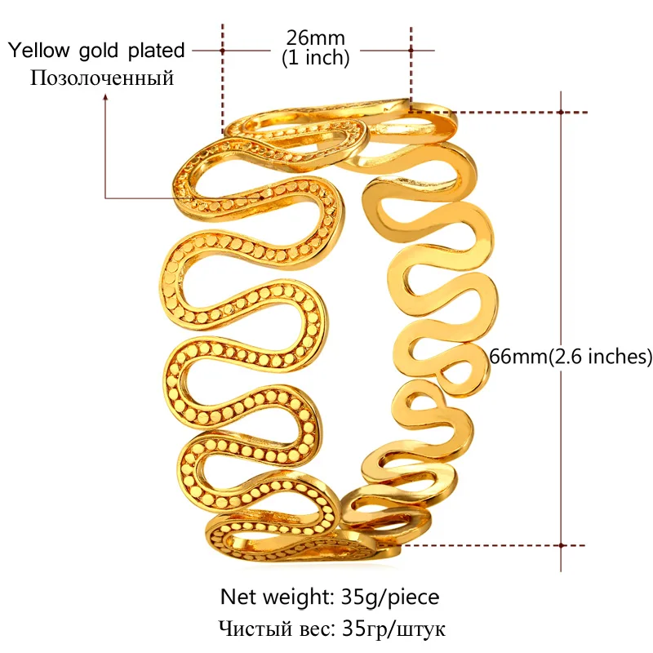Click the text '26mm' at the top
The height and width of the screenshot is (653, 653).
point(315,38)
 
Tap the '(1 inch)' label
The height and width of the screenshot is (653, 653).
point(315,58)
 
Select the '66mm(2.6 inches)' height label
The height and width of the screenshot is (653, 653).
point(569,356)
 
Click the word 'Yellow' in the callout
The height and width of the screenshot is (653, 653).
point(39,51)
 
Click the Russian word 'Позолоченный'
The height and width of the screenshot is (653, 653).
point(102,78)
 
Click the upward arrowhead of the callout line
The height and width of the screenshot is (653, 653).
point(105,97)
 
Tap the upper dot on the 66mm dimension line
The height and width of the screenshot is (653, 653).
point(561,112)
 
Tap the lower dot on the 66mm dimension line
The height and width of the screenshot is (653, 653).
point(561,544)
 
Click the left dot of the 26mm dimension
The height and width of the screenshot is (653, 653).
point(222,50)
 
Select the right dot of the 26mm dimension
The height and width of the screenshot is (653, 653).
point(411,50)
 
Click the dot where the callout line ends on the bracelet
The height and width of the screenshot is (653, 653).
point(260,197)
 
